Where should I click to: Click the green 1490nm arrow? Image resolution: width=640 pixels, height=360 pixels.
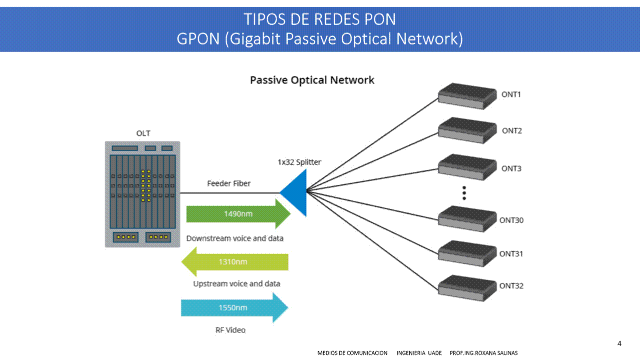click(x=238, y=214)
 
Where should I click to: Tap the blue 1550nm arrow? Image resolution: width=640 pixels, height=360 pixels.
click(x=234, y=307)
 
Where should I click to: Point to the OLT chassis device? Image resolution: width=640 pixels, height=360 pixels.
click(x=142, y=194)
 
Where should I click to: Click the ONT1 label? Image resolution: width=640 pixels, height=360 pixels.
click(x=511, y=94)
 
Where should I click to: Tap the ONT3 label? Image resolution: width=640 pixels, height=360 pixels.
click(x=511, y=168)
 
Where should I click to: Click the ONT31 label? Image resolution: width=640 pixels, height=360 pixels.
click(x=511, y=254)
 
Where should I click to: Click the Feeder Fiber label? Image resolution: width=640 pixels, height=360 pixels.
click(x=229, y=183)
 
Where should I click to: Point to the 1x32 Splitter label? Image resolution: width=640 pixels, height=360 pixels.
click(x=299, y=162)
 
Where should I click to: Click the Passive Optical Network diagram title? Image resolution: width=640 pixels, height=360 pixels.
click(x=312, y=80)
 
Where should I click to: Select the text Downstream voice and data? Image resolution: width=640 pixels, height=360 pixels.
click(x=235, y=238)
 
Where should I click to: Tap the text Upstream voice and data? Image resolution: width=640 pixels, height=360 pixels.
click(x=237, y=284)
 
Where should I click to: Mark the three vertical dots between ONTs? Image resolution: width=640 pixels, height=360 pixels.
click(x=464, y=193)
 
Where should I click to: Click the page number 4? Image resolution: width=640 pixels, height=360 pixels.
click(x=619, y=343)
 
